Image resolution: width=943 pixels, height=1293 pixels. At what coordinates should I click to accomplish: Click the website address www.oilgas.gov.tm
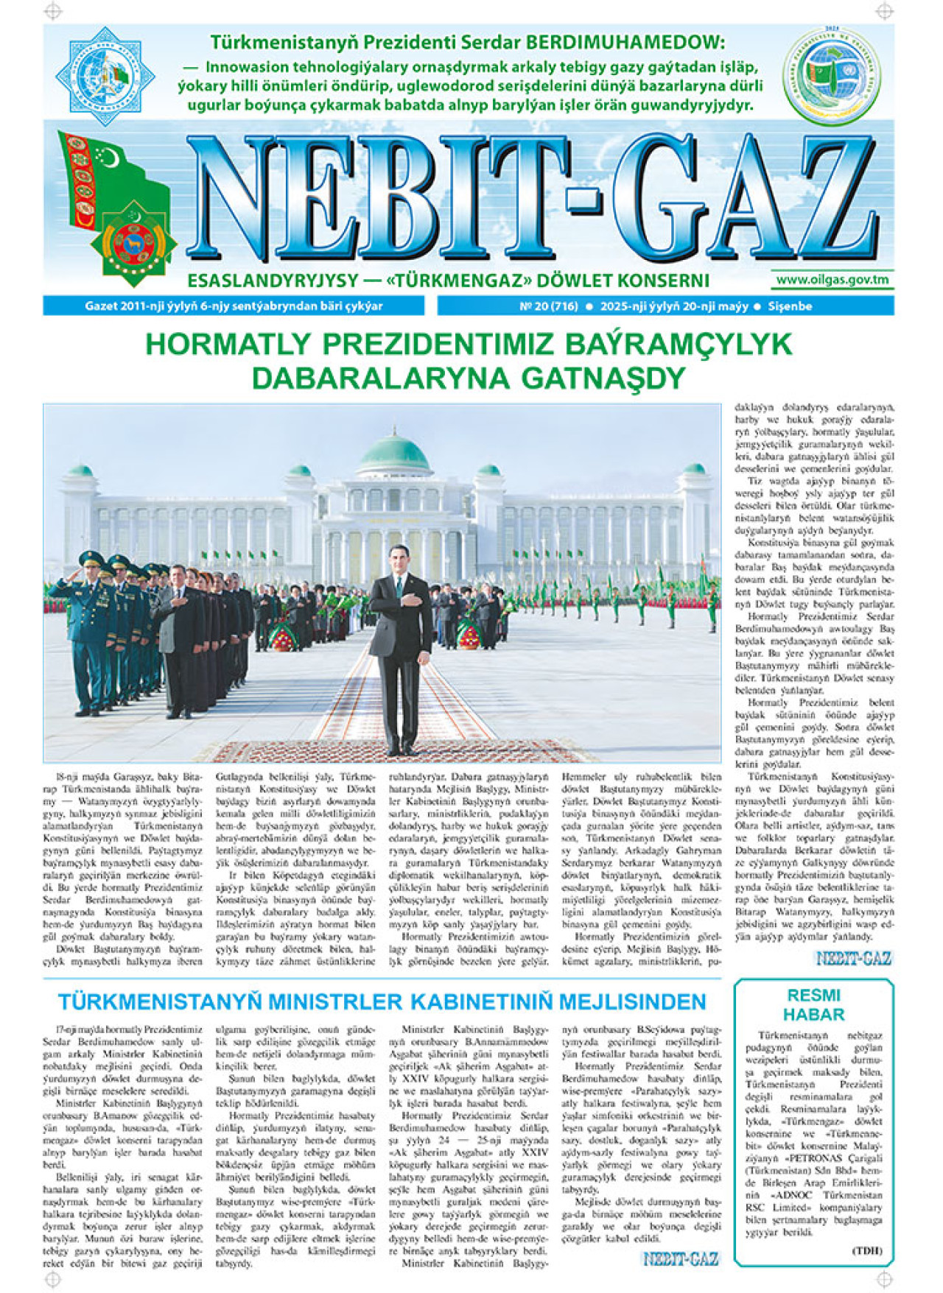coord(832,280)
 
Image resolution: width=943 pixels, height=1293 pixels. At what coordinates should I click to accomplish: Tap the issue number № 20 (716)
coord(548,306)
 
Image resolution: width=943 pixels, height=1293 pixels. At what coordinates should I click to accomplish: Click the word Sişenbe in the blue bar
coord(790,306)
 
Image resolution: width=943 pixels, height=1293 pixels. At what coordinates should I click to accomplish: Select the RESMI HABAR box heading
coord(813,1004)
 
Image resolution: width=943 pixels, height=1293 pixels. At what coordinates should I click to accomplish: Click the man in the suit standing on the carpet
coord(400,648)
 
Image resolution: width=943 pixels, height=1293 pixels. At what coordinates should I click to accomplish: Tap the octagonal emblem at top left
coord(105,76)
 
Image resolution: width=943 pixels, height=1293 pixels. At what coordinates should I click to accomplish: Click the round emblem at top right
coord(831,77)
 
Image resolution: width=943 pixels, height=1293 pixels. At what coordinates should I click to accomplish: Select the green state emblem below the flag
coord(133,243)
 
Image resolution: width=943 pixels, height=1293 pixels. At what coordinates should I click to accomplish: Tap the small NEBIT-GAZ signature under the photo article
coord(853,958)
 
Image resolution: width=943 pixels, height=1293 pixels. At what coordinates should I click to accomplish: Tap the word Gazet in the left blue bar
coord(102,306)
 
